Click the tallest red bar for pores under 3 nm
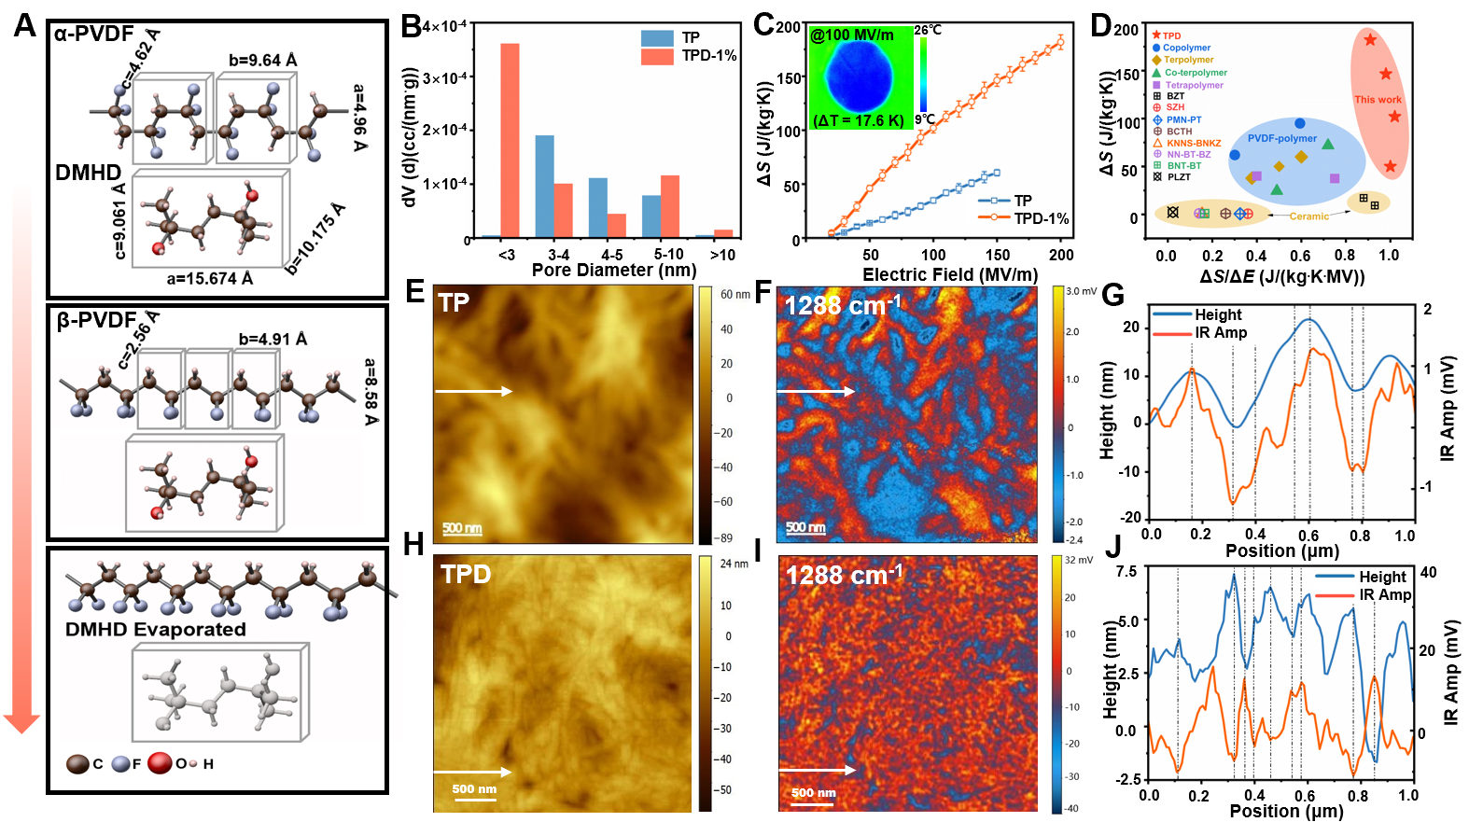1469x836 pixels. pyautogui.click(x=510, y=140)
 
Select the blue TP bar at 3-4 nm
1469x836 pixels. pyautogui.click(x=544, y=186)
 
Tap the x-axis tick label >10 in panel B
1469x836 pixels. pyautogui.click(x=722, y=255)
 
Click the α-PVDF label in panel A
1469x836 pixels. pyautogui.click(x=93, y=35)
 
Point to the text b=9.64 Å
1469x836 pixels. pyautogui.click(x=263, y=61)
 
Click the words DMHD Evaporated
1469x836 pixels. pyautogui.click(x=155, y=630)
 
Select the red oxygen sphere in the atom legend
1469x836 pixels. pyautogui.click(x=160, y=763)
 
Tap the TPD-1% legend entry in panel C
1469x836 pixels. pyautogui.click(x=1041, y=218)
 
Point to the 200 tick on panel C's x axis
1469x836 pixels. pyautogui.click(x=1061, y=255)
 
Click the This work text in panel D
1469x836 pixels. pyautogui.click(x=1378, y=100)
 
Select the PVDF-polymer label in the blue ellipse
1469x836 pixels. pyautogui.click(x=1282, y=139)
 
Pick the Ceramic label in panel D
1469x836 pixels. pyautogui.click(x=1308, y=216)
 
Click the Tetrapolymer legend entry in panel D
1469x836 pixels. pyautogui.click(x=1194, y=85)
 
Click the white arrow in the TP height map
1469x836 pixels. pyautogui.click(x=473, y=391)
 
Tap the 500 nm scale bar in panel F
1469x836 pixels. pyautogui.click(x=805, y=529)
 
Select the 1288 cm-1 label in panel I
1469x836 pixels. pyautogui.click(x=845, y=575)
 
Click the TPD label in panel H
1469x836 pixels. pyautogui.click(x=466, y=574)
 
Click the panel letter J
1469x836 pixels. pyautogui.click(x=1112, y=547)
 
